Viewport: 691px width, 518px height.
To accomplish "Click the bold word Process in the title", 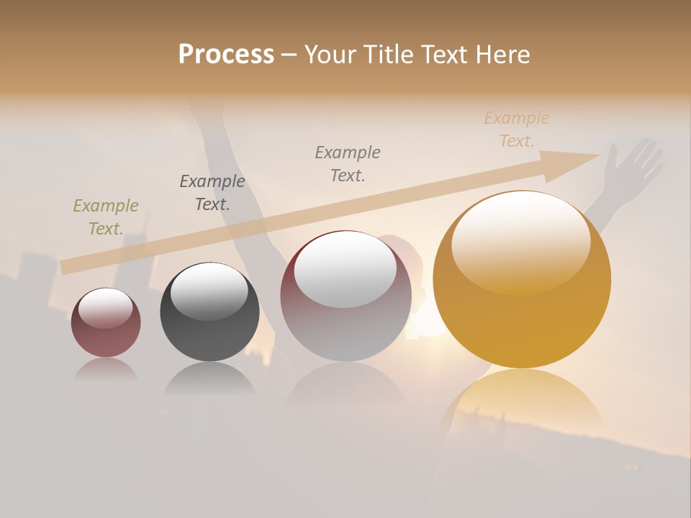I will click(226, 55).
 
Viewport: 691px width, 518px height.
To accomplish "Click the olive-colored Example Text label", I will click(105, 217).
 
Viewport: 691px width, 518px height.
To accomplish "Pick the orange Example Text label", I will click(517, 129).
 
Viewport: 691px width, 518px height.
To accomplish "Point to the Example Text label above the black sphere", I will click(212, 193).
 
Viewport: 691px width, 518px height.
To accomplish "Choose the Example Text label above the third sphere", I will click(348, 164).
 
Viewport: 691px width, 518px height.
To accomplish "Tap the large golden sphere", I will click(522, 317).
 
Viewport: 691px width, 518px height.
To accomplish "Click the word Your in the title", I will click(332, 55).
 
